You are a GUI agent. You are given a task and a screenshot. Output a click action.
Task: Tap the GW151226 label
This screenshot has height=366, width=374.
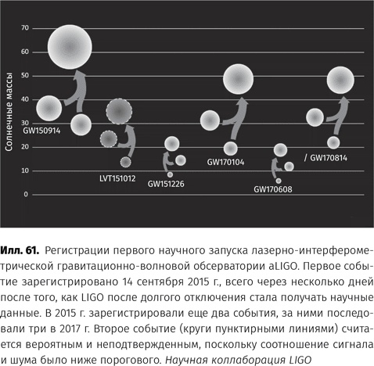169,186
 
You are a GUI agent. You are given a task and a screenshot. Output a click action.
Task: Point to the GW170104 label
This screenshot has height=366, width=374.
225,163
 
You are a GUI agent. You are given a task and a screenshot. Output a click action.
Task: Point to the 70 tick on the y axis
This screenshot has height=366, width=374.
25,28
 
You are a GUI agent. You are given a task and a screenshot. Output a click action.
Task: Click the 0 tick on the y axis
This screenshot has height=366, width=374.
26,194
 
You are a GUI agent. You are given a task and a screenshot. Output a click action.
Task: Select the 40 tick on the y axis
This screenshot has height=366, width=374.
25,99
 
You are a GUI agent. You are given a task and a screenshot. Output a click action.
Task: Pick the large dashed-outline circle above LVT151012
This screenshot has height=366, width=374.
118,113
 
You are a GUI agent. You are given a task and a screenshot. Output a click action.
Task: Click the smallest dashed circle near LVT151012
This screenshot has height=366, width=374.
125,162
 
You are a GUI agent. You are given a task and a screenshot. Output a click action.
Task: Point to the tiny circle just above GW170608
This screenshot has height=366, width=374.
279,181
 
